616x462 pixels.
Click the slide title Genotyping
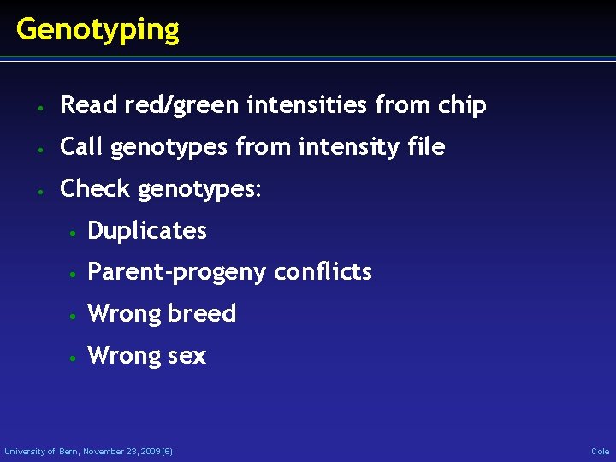click(x=98, y=30)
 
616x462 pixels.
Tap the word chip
click(x=462, y=105)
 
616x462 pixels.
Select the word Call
click(x=81, y=147)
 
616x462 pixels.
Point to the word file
click(x=425, y=147)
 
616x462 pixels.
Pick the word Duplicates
click(x=147, y=230)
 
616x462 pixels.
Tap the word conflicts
click(x=323, y=272)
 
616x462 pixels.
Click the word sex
click(x=187, y=355)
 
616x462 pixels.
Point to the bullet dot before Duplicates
click(x=74, y=232)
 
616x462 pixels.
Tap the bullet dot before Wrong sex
click(x=74, y=357)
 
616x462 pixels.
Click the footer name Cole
click(x=600, y=451)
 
